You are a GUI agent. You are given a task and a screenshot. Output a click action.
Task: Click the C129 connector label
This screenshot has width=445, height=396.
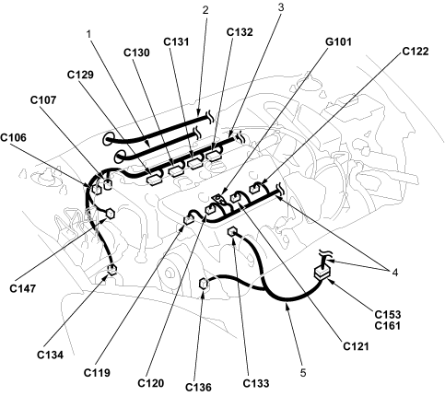click(x=80, y=75)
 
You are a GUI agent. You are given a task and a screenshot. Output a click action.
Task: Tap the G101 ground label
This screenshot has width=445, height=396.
click(x=338, y=41)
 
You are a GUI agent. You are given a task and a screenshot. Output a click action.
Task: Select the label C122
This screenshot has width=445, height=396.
click(x=416, y=52)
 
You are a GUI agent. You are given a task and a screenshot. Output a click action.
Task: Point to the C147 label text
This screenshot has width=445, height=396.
click(x=23, y=288)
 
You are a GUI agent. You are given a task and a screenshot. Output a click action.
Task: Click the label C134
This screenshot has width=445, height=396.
click(x=50, y=355)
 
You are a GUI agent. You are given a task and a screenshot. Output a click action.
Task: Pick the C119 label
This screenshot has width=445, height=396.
click(x=97, y=373)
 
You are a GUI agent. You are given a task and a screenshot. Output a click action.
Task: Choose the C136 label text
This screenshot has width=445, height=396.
click(x=198, y=388)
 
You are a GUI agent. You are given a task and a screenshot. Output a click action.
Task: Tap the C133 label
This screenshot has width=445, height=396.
click(x=256, y=383)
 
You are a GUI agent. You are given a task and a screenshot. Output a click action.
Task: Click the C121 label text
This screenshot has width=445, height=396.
click(x=356, y=346)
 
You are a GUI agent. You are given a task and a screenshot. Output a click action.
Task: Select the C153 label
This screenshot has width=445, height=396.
click(x=388, y=314)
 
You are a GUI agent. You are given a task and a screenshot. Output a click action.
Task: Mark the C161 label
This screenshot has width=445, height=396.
click(x=388, y=325)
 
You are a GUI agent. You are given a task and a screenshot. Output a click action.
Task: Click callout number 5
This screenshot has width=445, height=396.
click(x=303, y=373)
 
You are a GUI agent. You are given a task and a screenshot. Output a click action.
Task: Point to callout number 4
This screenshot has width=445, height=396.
click(x=395, y=273)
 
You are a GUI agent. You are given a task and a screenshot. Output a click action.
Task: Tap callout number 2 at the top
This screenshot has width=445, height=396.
click(x=205, y=10)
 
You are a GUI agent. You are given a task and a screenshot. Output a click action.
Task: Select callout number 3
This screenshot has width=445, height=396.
click(x=281, y=7)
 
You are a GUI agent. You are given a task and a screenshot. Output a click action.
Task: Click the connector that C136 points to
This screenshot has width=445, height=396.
click(x=203, y=283)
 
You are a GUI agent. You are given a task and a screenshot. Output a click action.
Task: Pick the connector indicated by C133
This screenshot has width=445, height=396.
click(x=232, y=231)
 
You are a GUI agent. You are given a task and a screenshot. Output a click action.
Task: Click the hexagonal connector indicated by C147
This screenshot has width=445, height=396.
click(x=110, y=213)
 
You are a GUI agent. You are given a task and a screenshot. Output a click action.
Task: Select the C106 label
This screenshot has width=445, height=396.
click(x=14, y=137)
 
